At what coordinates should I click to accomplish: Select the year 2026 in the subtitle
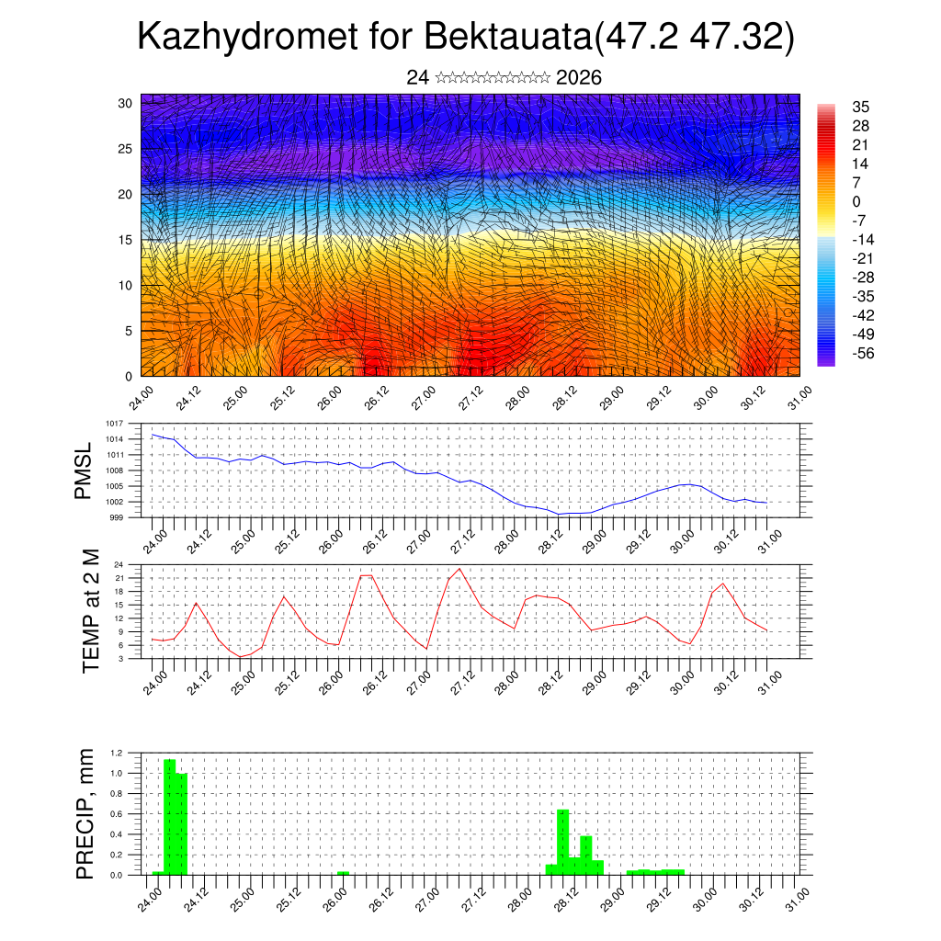pyautogui.click(x=579, y=78)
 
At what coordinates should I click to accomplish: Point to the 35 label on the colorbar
pyautogui.click(x=861, y=108)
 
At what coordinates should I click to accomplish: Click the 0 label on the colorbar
pyautogui.click(x=856, y=201)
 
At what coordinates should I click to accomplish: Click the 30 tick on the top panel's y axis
pyautogui.click(x=125, y=103)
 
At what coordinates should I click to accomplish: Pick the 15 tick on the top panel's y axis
pyautogui.click(x=125, y=240)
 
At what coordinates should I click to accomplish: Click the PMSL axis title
pyautogui.click(x=84, y=471)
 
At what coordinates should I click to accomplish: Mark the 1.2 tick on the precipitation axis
pyautogui.click(x=116, y=753)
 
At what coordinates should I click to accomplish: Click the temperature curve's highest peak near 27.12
pyautogui.click(x=459, y=569)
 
